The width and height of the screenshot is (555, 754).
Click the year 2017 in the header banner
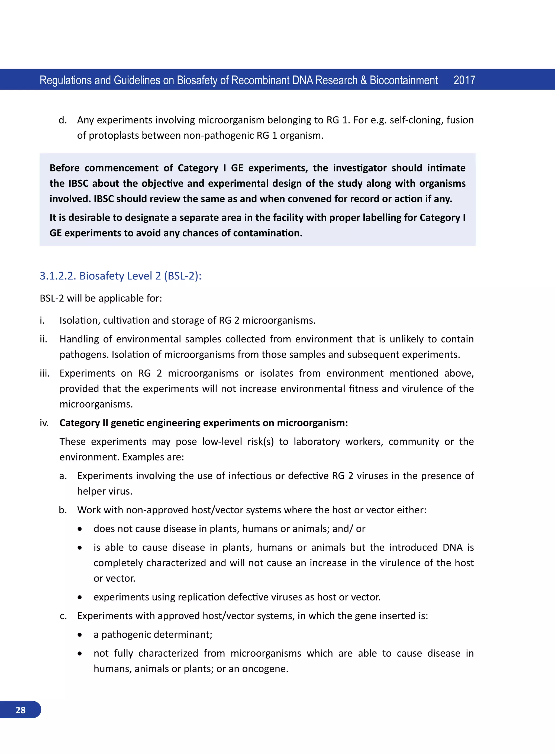point(464,80)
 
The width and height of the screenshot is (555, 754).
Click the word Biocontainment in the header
point(404,80)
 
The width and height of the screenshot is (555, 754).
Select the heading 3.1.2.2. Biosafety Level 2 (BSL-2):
point(120,276)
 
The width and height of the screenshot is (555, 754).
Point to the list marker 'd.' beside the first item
point(63,120)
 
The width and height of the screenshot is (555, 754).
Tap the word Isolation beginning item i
point(80,320)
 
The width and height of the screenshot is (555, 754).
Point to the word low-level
point(222,441)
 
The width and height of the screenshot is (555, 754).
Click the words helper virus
point(105,491)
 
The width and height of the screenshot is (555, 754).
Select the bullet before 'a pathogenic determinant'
point(80,635)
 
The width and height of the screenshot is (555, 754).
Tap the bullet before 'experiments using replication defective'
point(80,597)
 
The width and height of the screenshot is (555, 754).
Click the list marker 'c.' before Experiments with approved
point(63,616)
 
